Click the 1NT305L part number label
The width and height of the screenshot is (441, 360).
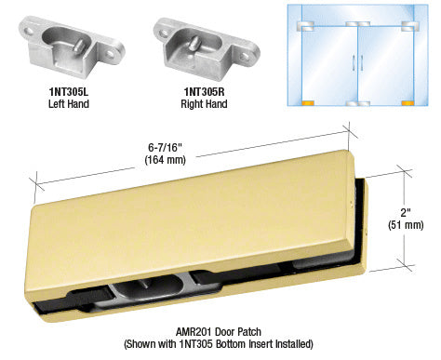69,92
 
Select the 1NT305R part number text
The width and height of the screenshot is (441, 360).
204,92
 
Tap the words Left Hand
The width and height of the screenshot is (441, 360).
69,104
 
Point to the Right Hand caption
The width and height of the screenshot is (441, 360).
204,104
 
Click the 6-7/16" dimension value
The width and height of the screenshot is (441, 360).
165,148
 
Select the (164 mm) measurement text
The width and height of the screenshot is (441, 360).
165,160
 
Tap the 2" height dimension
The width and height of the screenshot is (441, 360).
405,213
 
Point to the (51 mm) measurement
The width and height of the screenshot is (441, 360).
406,225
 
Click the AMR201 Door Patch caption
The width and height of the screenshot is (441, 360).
219,332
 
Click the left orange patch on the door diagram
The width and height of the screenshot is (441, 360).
308,103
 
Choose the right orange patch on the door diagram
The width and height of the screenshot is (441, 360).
408,103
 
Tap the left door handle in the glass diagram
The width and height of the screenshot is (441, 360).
354,62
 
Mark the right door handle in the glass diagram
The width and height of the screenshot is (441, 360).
362,62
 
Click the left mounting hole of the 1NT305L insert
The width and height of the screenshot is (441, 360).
29,31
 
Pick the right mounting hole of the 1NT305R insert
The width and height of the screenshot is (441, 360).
246,56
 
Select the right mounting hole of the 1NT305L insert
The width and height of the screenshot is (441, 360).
110,55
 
